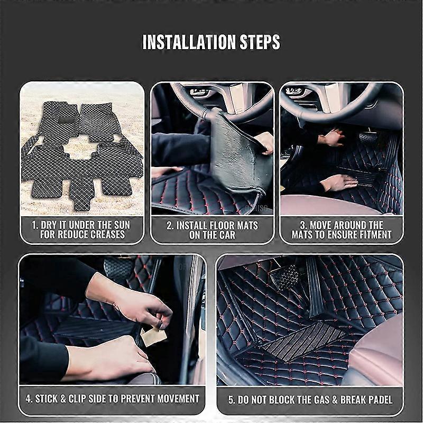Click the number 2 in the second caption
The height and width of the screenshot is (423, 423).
(170, 225)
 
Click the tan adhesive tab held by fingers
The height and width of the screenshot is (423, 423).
(154, 336)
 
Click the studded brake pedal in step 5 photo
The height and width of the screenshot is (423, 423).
(284, 277)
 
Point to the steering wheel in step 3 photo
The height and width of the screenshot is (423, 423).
(328, 103)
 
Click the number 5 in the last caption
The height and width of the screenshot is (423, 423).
(231, 399)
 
